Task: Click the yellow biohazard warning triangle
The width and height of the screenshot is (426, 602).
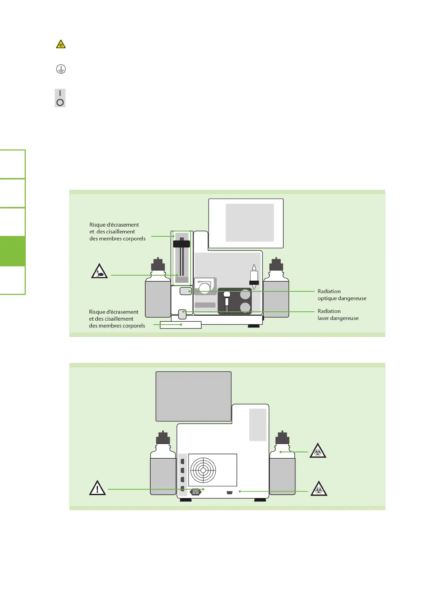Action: pos(61,44)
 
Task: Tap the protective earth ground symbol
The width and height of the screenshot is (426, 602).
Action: pos(61,69)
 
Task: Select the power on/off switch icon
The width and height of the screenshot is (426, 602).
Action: pos(60,98)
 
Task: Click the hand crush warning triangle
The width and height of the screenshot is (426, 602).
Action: pos(99,271)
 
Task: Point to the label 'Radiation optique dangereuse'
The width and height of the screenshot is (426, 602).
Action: pos(342,295)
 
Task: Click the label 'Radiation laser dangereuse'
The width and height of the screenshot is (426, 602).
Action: pos(338,315)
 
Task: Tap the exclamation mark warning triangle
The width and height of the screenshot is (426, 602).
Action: pos(97,488)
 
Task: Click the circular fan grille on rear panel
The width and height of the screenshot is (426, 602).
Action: pos(203,470)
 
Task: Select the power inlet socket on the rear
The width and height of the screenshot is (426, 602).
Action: pos(195,492)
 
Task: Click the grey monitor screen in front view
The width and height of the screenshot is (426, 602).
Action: pos(250,222)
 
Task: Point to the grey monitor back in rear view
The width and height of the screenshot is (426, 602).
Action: pos(194,396)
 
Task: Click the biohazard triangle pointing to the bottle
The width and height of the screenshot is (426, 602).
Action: pos(318,451)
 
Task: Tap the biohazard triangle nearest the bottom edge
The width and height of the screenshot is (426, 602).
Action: pos(319,489)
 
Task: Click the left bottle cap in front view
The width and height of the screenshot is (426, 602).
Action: pos(158,265)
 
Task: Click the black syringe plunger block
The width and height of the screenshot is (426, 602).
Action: pos(182,244)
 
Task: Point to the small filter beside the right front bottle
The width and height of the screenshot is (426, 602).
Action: pos(254,277)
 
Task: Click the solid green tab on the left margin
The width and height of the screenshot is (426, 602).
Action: pos(13,251)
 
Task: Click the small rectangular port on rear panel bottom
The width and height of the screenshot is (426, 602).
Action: pos(230,493)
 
